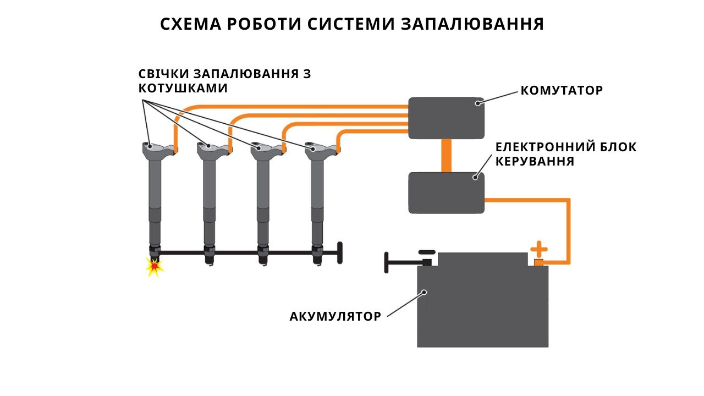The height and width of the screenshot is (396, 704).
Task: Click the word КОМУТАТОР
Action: (x=562, y=91)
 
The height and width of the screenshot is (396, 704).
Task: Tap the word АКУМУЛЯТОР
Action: (x=335, y=316)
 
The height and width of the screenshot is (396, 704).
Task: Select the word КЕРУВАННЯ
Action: (x=535, y=161)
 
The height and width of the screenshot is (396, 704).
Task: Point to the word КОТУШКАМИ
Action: (x=183, y=89)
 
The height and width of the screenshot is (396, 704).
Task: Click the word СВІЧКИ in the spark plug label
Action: (x=164, y=74)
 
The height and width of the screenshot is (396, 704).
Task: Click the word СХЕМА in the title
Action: (x=191, y=24)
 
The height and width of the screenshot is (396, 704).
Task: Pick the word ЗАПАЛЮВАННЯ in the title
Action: (x=472, y=24)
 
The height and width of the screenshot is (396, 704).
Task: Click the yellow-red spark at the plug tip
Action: (x=155, y=267)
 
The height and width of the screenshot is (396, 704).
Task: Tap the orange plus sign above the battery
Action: (x=538, y=249)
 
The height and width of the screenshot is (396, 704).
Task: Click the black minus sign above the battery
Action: (x=427, y=252)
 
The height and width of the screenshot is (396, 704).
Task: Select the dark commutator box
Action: (x=446, y=118)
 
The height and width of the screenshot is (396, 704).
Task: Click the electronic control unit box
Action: (x=446, y=193)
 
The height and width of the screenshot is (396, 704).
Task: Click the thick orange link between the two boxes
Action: (x=446, y=156)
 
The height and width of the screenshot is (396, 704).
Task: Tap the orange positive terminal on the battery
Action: (x=538, y=262)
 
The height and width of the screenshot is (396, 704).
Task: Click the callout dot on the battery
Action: (x=424, y=292)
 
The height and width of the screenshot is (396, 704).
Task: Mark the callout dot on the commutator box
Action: (x=478, y=103)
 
